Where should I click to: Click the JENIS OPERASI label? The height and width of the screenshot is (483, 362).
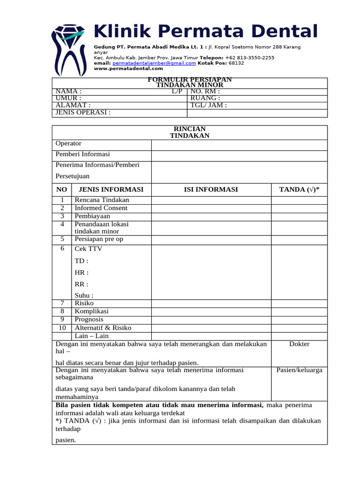click(x=83, y=113)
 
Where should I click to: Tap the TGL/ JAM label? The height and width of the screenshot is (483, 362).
click(x=208, y=105)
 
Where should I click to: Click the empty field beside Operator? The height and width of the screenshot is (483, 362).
click(x=239, y=145)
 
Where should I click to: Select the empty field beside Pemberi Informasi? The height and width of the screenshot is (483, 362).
click(x=239, y=156)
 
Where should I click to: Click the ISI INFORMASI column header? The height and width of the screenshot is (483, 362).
click(x=211, y=190)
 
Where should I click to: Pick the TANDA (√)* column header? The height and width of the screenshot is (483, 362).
click(x=299, y=190)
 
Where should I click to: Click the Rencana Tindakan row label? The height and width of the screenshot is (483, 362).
click(x=102, y=200)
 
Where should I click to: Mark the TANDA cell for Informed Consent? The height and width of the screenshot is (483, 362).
click(x=299, y=208)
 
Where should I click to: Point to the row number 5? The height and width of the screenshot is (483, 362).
click(x=62, y=239)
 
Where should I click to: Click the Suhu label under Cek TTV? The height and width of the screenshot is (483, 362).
click(x=84, y=295)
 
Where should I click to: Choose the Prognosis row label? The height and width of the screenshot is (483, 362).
click(x=89, y=319)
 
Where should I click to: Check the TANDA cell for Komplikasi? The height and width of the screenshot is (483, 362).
click(x=299, y=311)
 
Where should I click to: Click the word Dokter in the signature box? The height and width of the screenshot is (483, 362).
click(x=299, y=344)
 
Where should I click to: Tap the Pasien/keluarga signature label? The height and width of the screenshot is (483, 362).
click(x=299, y=370)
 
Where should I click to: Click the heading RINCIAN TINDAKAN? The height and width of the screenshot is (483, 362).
click(x=189, y=132)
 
